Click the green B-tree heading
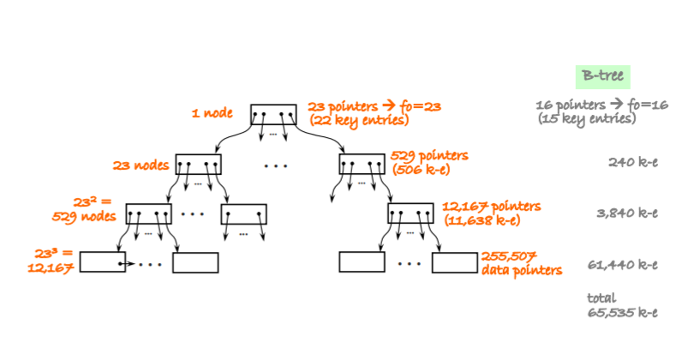click(x=603, y=76)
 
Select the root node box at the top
click(x=273, y=115)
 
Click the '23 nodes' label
click(x=141, y=165)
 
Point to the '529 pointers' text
click(x=429, y=155)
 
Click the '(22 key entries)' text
click(x=357, y=121)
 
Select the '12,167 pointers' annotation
click(x=491, y=207)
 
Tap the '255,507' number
click(x=510, y=255)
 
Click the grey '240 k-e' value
click(x=632, y=162)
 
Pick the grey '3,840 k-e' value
click(x=626, y=213)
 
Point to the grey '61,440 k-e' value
click(x=623, y=264)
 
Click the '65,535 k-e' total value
click(x=623, y=313)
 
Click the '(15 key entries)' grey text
click(x=586, y=119)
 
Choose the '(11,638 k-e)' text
click(x=482, y=220)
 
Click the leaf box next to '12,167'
click(x=103, y=262)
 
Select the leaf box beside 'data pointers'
click(x=454, y=262)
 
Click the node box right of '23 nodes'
click(x=199, y=164)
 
